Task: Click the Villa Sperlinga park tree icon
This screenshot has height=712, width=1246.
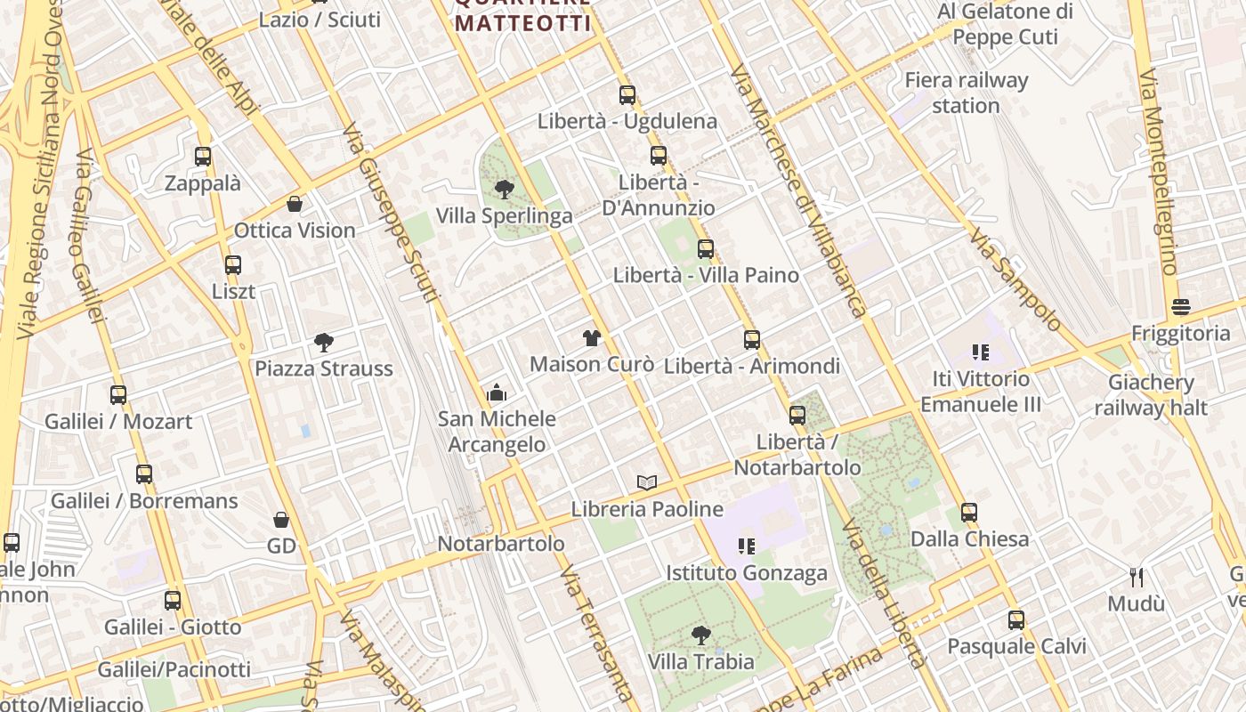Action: [x=504, y=189]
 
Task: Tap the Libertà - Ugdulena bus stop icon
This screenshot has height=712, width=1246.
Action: [x=627, y=95]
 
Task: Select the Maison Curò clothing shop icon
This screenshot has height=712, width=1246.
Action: [x=591, y=337]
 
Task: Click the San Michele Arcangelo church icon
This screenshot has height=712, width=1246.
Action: [x=497, y=392]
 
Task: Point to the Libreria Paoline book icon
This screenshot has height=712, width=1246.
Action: [x=647, y=482]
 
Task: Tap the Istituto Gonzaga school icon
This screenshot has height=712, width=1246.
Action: [x=746, y=546]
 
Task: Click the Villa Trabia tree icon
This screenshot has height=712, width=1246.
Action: [x=701, y=635]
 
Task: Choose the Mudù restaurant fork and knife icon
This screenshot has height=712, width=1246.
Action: [x=1136, y=577]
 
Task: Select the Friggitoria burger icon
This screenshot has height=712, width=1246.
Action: [x=1181, y=307]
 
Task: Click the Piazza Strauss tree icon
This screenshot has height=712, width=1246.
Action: [x=324, y=342]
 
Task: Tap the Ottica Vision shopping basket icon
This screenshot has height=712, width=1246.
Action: [x=295, y=204]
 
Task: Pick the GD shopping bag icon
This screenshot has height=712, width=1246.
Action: [x=281, y=519]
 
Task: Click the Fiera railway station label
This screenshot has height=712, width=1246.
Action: [x=966, y=93]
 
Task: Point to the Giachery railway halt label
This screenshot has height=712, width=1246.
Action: [x=1152, y=395]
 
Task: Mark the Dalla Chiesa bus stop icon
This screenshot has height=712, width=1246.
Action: [x=969, y=513]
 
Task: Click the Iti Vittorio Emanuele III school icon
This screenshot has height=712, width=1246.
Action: [x=981, y=352]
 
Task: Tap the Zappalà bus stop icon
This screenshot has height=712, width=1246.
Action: [x=203, y=157]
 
